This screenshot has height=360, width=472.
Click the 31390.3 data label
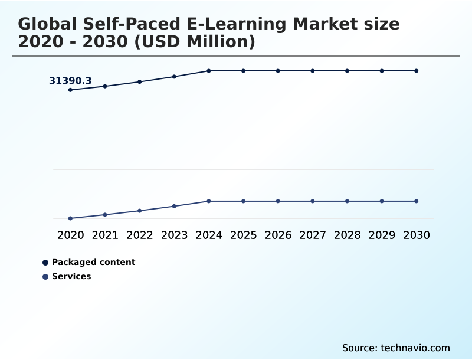point(70,81)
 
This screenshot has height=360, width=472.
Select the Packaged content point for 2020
point(70,90)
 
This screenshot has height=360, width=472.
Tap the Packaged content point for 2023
point(174,77)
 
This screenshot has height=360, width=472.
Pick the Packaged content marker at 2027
point(313,71)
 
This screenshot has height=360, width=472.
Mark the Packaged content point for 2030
point(417,71)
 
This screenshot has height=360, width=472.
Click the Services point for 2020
point(70,218)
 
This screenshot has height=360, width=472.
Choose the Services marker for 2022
point(140,211)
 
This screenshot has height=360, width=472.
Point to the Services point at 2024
point(209,201)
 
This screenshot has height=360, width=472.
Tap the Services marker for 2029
point(382,201)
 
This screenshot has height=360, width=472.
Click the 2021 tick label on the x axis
point(105,235)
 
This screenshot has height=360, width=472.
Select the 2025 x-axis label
point(243,235)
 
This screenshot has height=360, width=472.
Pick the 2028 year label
point(347,235)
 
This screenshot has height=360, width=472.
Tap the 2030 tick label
point(417,235)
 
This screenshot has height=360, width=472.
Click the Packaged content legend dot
point(45,263)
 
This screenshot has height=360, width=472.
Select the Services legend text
point(71,276)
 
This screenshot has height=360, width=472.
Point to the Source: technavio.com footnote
point(396,348)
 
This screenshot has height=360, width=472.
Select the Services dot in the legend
point(45,277)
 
